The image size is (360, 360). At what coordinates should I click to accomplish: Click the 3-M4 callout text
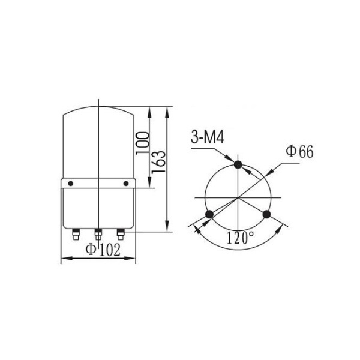click(208, 138)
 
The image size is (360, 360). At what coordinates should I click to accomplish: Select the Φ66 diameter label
click(299, 152)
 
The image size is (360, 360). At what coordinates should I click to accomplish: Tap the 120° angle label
click(241, 238)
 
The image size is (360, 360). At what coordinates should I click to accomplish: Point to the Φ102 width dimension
click(103, 250)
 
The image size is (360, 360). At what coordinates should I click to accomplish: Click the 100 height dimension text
click(143, 143)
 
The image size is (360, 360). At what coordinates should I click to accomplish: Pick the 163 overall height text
click(158, 161)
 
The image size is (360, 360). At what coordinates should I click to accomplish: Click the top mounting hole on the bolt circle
click(238, 164)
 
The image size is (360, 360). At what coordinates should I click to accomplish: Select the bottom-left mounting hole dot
click(209, 214)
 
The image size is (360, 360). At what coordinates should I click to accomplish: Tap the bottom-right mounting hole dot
click(266, 214)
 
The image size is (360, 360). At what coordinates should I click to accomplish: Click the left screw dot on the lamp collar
click(71, 184)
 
